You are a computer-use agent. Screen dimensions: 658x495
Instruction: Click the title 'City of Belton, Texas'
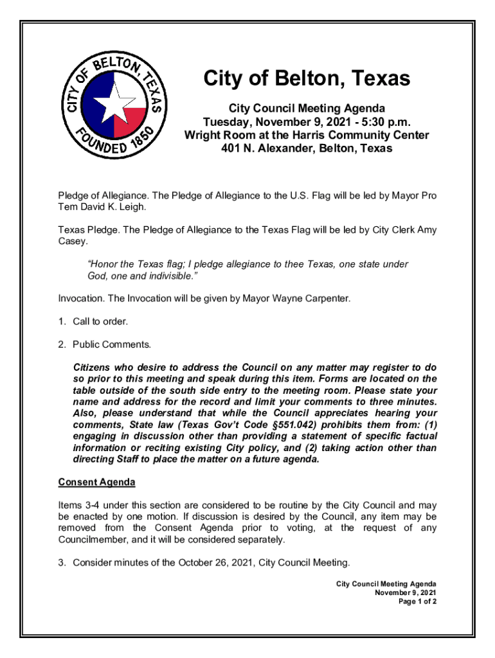(x=307, y=78)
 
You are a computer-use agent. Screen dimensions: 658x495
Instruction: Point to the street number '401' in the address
(x=231, y=148)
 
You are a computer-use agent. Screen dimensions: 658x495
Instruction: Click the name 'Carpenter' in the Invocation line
(x=327, y=299)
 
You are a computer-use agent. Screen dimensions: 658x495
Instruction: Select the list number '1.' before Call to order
(x=62, y=321)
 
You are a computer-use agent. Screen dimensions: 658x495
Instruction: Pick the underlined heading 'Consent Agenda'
(x=96, y=482)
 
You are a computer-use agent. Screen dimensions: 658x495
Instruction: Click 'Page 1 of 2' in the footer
(x=417, y=601)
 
